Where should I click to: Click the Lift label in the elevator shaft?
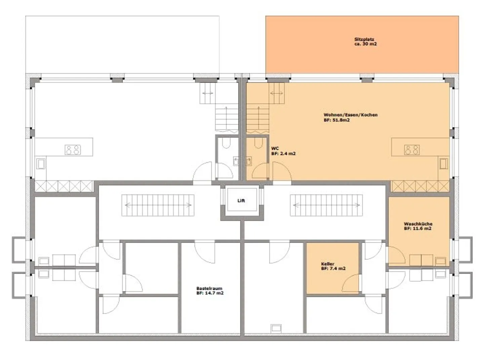(x=241, y=201)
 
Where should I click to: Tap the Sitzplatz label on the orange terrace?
(x=364, y=39)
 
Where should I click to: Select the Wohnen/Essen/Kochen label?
(x=351, y=115)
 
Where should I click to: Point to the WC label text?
(x=275, y=148)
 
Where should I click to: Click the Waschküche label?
(x=418, y=224)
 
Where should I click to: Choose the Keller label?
(x=328, y=264)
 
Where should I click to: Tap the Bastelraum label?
(x=209, y=288)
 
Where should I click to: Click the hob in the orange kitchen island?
(x=412, y=150)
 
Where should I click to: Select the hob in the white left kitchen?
(x=73, y=150)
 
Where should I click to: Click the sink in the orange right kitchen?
(x=443, y=164)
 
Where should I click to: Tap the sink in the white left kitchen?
(x=41, y=164)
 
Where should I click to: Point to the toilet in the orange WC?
(x=258, y=144)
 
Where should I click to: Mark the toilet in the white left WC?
(x=226, y=144)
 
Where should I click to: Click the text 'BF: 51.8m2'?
(x=336, y=120)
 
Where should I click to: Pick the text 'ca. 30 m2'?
(x=365, y=44)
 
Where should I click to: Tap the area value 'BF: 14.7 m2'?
(x=210, y=293)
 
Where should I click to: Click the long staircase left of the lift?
(x=158, y=205)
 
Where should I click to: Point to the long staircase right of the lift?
(x=326, y=205)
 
